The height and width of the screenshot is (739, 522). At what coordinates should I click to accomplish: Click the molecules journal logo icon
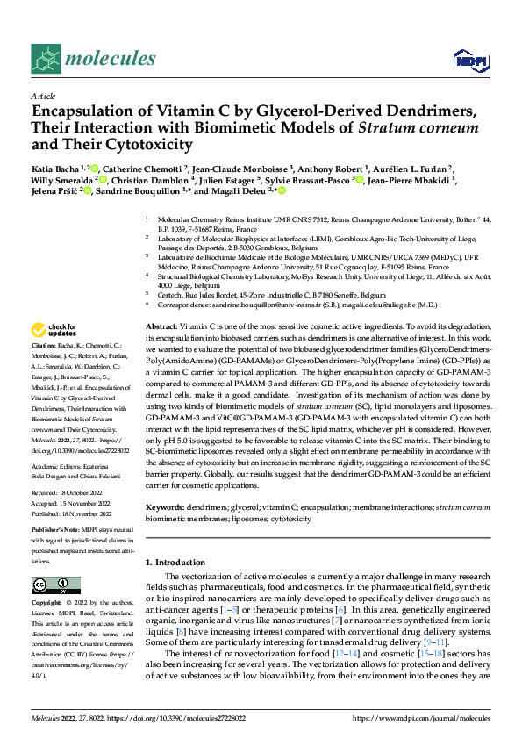pyautogui.click(x=46, y=58)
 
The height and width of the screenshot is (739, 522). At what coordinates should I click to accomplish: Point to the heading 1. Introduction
pyautogui.click(x=179, y=561)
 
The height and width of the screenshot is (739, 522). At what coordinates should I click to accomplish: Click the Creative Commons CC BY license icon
pyautogui.click(x=54, y=585)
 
